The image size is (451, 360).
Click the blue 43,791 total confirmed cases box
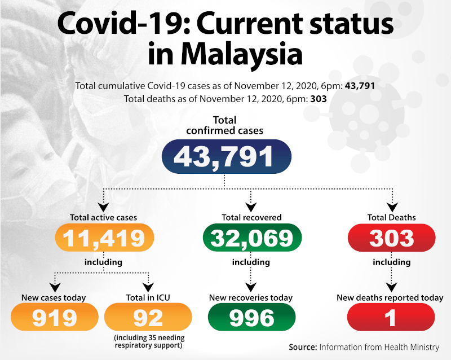(x=226, y=156)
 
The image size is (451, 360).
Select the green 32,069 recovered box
(x=252, y=238)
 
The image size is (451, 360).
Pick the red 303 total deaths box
(x=392, y=238)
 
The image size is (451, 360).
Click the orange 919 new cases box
(x=54, y=317)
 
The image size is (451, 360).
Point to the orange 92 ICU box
(x=148, y=317)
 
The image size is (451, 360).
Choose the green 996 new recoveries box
(x=252, y=317)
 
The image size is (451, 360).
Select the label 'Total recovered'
(x=251, y=217)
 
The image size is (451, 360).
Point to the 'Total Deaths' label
(x=391, y=217)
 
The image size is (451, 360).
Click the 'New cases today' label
(x=54, y=297)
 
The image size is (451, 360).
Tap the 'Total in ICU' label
(x=148, y=297)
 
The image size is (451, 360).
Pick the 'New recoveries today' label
(x=252, y=297)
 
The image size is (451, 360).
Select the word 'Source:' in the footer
(x=302, y=347)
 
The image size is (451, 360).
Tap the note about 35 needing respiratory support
(x=148, y=341)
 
